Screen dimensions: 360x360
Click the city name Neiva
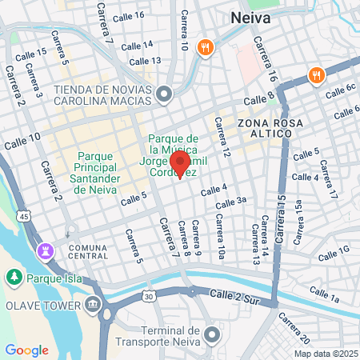click(250, 17)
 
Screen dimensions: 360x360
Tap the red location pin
click(180, 163)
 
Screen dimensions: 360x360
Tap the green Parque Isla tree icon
click(14, 278)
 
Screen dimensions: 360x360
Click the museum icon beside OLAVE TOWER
click(94, 305)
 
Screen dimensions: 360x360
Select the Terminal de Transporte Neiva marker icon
click(211, 334)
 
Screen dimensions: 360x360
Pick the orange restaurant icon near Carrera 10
click(206, 48)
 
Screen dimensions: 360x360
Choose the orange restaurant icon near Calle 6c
click(317, 76)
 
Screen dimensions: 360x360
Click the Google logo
click(26, 350)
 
